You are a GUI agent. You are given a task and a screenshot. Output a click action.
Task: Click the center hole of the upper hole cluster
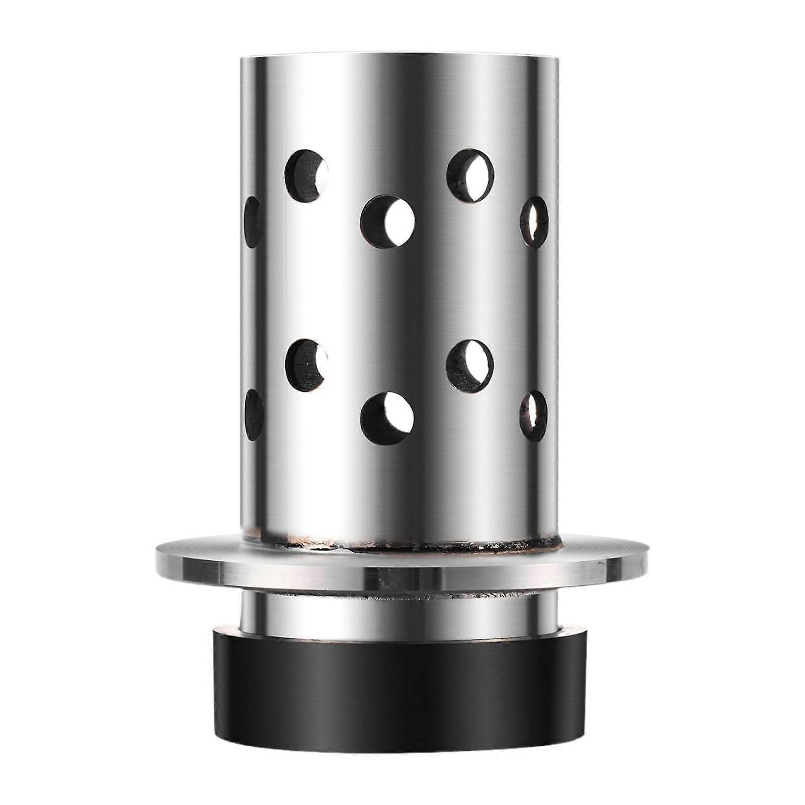coord(387,222)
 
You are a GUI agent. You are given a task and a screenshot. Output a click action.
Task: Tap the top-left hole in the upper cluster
coord(306,176)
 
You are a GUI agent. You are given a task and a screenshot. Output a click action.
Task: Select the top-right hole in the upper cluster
coord(470,176)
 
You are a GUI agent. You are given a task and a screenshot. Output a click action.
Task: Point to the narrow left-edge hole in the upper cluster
coord(253,222)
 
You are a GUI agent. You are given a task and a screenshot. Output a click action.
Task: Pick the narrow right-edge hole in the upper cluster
coord(534,222)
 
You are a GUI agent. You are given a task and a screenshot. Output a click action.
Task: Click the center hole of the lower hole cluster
coord(387,419)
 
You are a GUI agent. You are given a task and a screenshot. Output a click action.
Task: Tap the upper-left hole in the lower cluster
coord(306,366)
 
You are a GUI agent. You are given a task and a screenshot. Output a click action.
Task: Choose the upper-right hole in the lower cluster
coord(469,366)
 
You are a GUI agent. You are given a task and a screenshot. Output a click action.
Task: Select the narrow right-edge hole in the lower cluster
coord(533,416)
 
